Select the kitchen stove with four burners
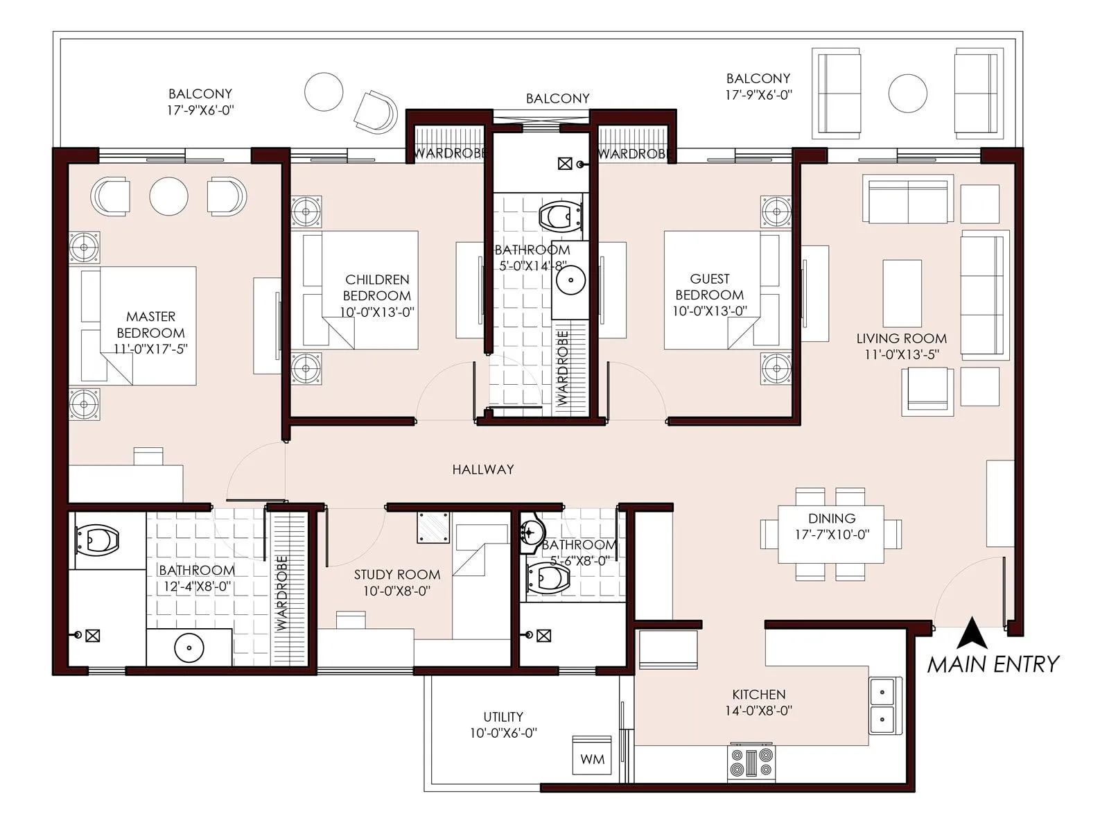pyautogui.click(x=752, y=763)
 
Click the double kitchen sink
pyautogui.click(x=885, y=704)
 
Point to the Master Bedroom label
pyautogui.click(x=150, y=324)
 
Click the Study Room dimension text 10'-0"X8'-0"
pyautogui.click(x=397, y=591)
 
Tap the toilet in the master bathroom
pyautogui.click(x=97, y=539)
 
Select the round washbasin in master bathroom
pyautogui.click(x=189, y=648)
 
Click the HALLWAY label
pyautogui.click(x=483, y=469)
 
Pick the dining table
pyautogui.click(x=830, y=534)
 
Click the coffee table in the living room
pyautogui.click(x=902, y=293)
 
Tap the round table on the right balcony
pyautogui.click(x=907, y=93)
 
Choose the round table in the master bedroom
pyautogui.click(x=169, y=196)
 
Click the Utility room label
pyautogui.click(x=503, y=717)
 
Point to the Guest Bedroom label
pyautogui.click(x=710, y=286)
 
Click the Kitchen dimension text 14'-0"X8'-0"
pyautogui.click(x=759, y=710)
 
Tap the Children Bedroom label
pyautogui.click(x=377, y=287)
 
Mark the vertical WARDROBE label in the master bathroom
pyautogui.click(x=281, y=593)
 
